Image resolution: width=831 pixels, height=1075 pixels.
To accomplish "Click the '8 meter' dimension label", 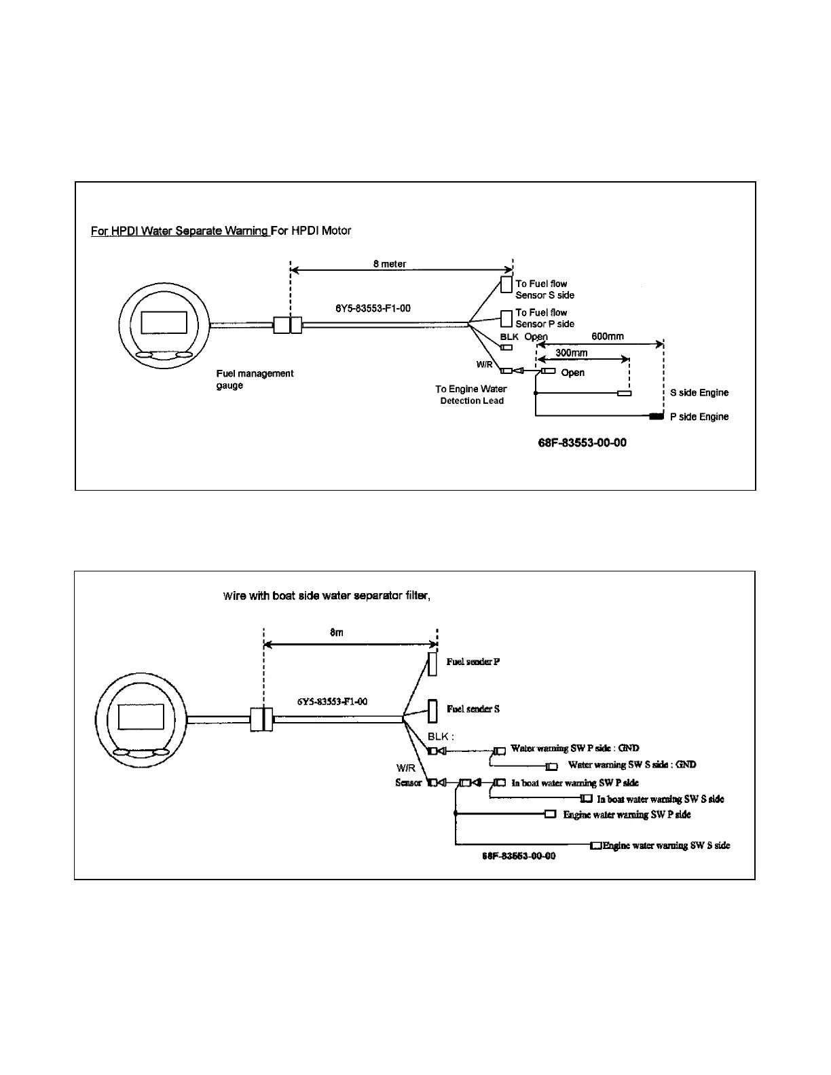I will [x=390, y=264].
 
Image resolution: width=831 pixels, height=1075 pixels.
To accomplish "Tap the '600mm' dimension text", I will [x=607, y=337].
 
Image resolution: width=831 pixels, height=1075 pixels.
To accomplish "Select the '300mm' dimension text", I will [x=572, y=353].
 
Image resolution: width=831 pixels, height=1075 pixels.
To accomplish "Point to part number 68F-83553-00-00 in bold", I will [x=582, y=442].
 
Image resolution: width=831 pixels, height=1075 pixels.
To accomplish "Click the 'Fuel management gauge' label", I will [x=255, y=379].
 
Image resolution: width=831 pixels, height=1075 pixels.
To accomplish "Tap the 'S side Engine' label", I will [x=699, y=393].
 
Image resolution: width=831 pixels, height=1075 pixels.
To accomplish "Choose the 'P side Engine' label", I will [x=699, y=417].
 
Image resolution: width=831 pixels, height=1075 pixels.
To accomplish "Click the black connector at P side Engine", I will [x=657, y=416].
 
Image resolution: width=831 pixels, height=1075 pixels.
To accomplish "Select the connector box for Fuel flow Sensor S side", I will [x=506, y=284].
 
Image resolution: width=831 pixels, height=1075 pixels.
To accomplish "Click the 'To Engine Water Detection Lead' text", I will [x=471, y=395].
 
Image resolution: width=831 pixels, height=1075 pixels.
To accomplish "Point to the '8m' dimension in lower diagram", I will [x=337, y=633].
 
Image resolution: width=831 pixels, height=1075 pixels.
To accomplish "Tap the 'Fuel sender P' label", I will [x=473, y=662].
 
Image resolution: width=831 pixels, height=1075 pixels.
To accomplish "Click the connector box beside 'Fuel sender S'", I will [x=432, y=711].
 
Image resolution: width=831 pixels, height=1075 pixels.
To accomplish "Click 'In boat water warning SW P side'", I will [x=575, y=783].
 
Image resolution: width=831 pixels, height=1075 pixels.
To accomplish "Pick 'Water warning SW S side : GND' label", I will [x=632, y=765].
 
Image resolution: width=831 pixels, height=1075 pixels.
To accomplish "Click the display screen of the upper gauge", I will [x=164, y=321].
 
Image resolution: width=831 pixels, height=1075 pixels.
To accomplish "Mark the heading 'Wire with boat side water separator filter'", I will [x=327, y=596].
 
